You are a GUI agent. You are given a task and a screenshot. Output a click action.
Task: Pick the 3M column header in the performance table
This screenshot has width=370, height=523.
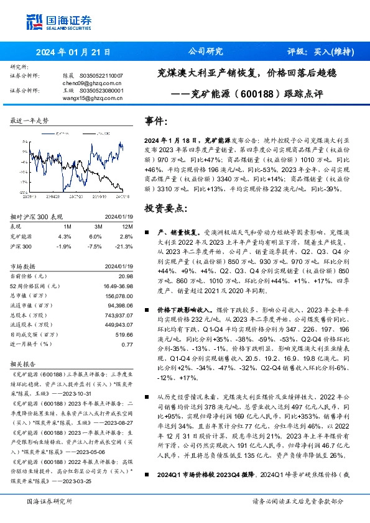pos(98,227)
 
